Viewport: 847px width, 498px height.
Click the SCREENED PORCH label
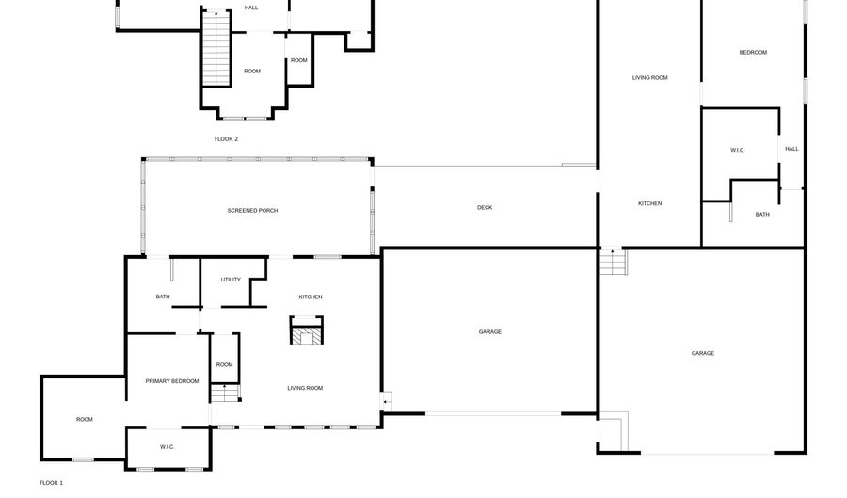(252, 211)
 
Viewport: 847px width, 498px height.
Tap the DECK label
(485, 207)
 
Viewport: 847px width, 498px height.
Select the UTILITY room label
(231, 280)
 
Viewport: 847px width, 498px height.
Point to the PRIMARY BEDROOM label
(172, 381)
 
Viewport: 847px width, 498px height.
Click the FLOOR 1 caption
(52, 483)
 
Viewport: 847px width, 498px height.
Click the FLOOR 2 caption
(226, 139)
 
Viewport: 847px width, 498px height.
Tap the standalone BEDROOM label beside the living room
(753, 53)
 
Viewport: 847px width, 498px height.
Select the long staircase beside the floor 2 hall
(216, 49)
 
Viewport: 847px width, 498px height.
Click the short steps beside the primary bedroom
(225, 393)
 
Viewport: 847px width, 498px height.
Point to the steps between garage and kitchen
(613, 262)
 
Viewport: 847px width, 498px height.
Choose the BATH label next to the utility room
(163, 297)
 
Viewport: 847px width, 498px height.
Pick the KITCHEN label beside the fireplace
(311, 297)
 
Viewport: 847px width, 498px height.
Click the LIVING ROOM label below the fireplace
(305, 388)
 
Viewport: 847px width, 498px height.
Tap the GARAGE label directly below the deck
(490, 332)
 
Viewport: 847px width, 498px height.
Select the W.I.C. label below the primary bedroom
(167, 447)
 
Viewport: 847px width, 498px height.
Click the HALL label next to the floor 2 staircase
(251, 8)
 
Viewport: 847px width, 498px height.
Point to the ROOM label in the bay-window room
(252, 72)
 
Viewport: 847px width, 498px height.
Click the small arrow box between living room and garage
(386, 402)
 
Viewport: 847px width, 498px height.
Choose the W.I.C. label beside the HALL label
(737, 151)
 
